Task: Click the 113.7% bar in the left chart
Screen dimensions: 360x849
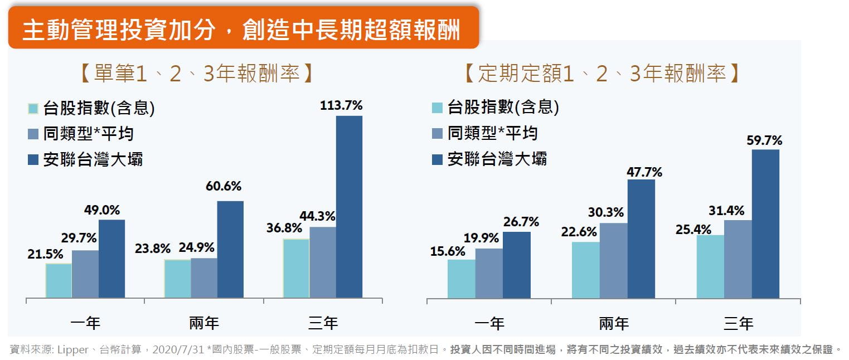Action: click(349, 206)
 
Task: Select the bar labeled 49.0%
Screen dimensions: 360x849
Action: click(111, 259)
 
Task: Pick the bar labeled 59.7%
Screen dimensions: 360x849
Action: click(765, 223)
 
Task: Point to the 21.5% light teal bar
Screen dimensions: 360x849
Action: click(59, 280)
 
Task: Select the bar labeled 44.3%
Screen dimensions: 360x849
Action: click(323, 262)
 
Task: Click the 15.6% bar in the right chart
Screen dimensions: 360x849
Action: click(461, 279)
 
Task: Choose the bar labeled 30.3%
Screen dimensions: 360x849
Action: click(614, 260)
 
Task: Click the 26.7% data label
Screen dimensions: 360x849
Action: click(521, 222)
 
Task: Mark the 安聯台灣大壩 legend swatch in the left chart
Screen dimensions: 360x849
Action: click(33, 160)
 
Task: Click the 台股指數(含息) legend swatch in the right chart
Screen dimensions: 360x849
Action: click(438, 108)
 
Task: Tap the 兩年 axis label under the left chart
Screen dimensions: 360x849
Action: click(204, 323)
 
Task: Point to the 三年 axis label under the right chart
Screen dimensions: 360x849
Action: click(738, 323)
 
